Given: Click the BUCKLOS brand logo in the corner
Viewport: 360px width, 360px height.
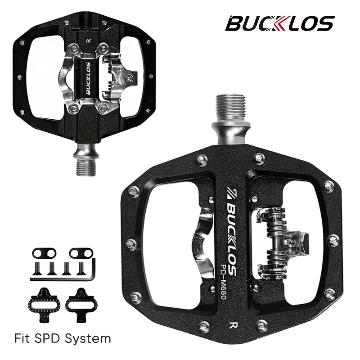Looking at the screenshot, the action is pos(279,23).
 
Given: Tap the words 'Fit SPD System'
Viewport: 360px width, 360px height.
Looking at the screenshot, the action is pos(63,338).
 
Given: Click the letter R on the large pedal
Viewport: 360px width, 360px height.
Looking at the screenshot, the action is pos(233,325).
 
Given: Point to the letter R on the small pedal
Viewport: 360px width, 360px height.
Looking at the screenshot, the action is pos(89,40).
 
